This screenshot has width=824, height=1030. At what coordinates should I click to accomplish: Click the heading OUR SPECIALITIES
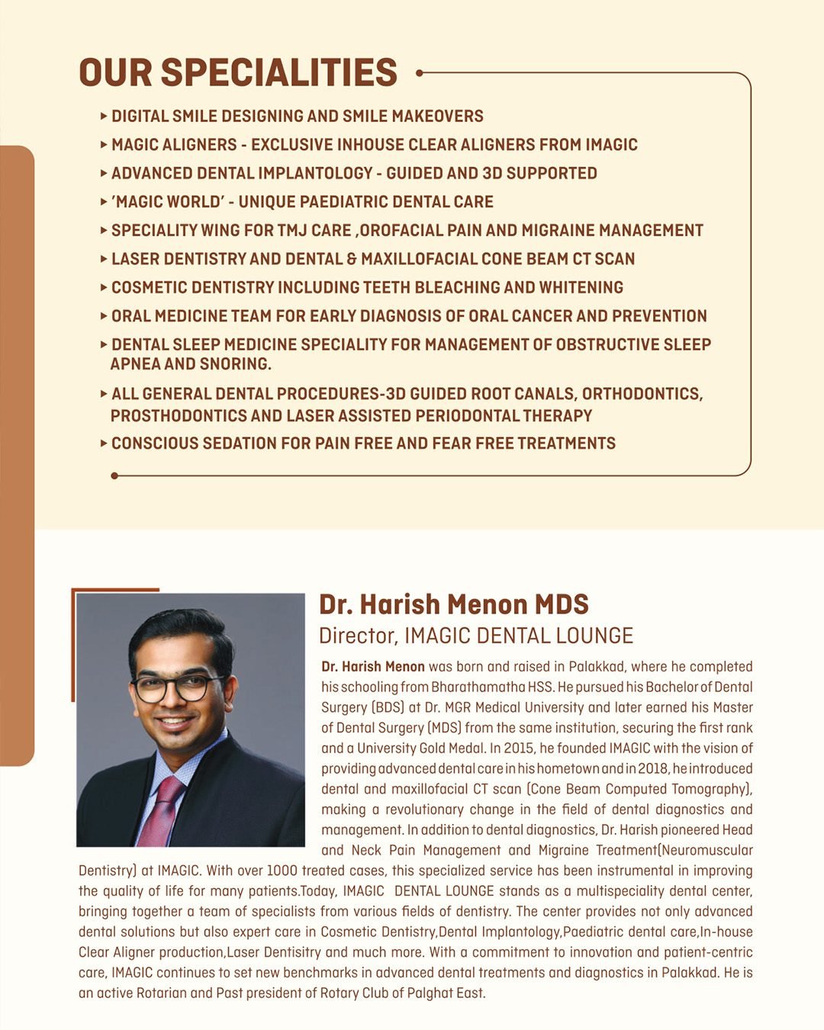238,72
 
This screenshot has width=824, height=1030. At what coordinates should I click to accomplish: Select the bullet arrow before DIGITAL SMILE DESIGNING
104,116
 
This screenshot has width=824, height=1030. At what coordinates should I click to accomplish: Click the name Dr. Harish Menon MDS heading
453,604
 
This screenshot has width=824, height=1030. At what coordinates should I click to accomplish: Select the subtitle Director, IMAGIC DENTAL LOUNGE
476,636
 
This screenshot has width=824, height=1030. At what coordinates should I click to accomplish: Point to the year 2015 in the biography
519,748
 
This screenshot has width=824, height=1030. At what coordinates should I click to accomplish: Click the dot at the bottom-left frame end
114,475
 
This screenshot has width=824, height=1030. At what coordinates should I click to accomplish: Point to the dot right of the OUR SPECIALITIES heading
419,73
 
